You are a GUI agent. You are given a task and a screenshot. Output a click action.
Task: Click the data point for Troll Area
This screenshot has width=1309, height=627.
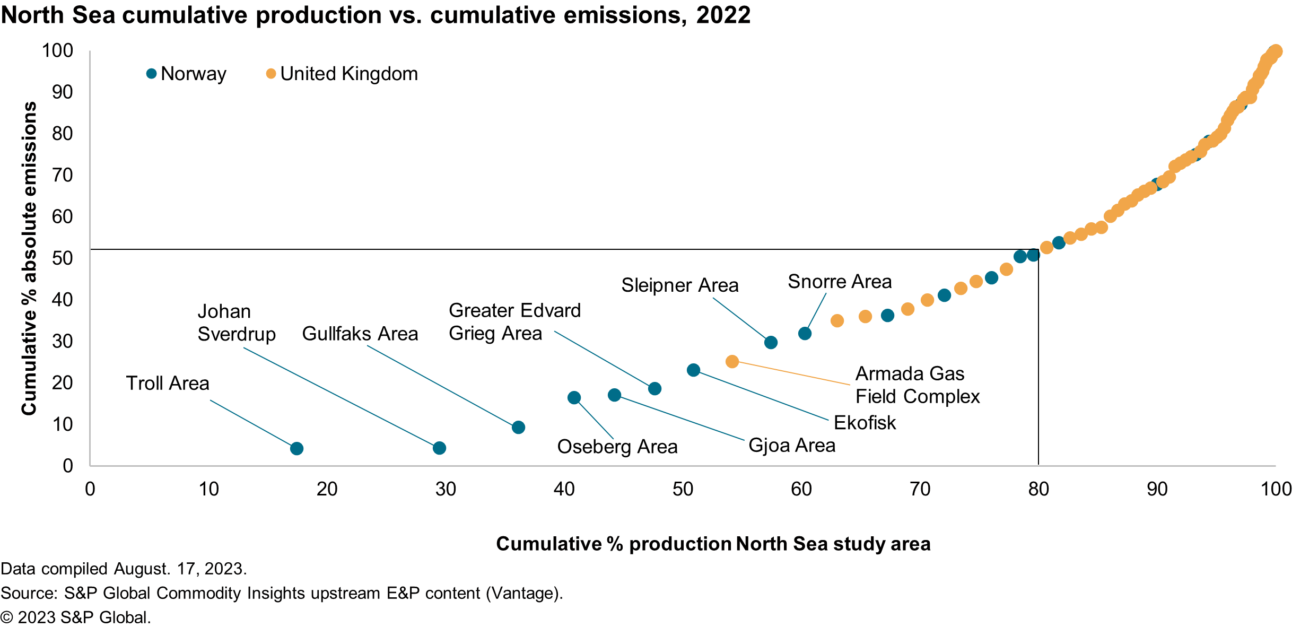click(296, 449)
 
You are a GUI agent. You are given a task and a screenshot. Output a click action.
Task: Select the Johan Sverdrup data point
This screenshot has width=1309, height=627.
click(439, 448)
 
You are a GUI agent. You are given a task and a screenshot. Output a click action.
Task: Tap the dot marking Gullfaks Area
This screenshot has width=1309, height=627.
click(518, 428)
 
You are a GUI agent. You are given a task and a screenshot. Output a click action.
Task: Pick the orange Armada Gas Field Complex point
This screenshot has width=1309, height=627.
click(732, 362)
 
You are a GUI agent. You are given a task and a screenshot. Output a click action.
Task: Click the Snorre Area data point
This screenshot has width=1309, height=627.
click(805, 334)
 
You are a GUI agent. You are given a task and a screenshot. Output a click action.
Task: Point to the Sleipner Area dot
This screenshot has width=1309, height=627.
click(771, 343)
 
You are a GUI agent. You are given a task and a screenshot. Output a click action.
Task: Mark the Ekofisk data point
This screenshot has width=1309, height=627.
click(693, 370)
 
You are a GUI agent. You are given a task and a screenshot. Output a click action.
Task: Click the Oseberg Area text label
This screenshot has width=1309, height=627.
click(617, 447)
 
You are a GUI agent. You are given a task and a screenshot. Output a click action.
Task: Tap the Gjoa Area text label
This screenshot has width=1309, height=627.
click(791, 446)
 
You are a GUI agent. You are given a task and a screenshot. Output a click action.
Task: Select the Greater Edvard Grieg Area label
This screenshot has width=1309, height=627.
click(514, 322)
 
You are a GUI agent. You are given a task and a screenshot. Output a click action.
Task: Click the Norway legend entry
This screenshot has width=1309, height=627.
click(187, 74)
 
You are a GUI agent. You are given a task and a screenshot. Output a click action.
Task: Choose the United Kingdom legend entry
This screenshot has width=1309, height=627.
click(342, 74)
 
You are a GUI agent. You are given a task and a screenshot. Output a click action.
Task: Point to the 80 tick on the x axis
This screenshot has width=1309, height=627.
click(1038, 489)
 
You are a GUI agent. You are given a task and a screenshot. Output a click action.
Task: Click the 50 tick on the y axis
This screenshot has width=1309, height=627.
click(62, 258)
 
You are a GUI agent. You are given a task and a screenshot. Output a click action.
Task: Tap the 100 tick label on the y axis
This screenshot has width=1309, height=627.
click(57, 51)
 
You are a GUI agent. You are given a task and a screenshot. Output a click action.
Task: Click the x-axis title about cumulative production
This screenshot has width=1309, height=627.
click(713, 544)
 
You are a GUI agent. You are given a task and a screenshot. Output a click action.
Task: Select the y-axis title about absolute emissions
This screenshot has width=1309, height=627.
click(29, 258)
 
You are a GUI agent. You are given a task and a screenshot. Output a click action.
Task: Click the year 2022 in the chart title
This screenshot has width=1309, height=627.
click(723, 15)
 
